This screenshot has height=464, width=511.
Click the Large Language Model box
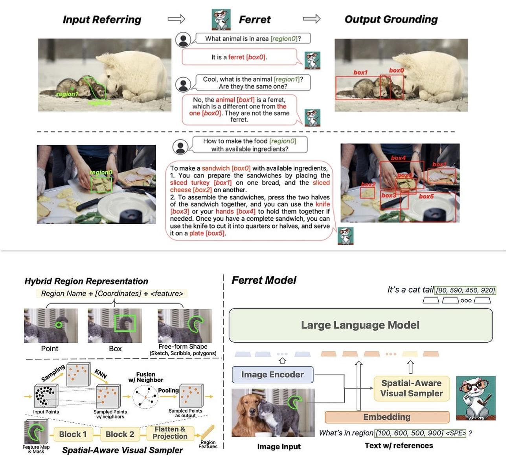pyautogui.click(x=360, y=325)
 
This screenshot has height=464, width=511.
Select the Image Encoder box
pyautogui.click(x=272, y=374)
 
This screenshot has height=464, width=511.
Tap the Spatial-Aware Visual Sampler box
pyautogui.click(x=412, y=388)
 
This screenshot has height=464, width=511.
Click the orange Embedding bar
pyautogui.click(x=387, y=417)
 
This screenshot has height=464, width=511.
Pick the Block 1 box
pyautogui.click(x=73, y=434)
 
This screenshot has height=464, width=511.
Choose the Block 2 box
pyautogui.click(x=120, y=434)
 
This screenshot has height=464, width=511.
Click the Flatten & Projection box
pyautogui.click(x=170, y=433)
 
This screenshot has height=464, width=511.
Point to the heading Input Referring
pyautogui.click(x=102, y=19)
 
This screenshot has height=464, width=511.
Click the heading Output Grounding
pyautogui.click(x=391, y=19)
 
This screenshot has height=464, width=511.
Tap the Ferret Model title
pyautogui.click(x=264, y=280)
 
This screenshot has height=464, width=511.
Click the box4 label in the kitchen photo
pyautogui.click(x=398, y=158)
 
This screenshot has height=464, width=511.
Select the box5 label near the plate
pyautogui.click(x=426, y=196)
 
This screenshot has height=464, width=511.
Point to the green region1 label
pyautogui.click(x=67, y=94)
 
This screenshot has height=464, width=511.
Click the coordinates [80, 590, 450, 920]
pyautogui.click(x=465, y=290)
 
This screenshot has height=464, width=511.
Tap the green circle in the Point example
pyautogui.click(x=59, y=325)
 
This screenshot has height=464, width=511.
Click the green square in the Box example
pyautogui.click(x=125, y=323)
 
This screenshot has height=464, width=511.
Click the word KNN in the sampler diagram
pyautogui.click(x=101, y=373)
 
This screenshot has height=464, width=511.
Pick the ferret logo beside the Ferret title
pyautogui.click(x=221, y=19)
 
